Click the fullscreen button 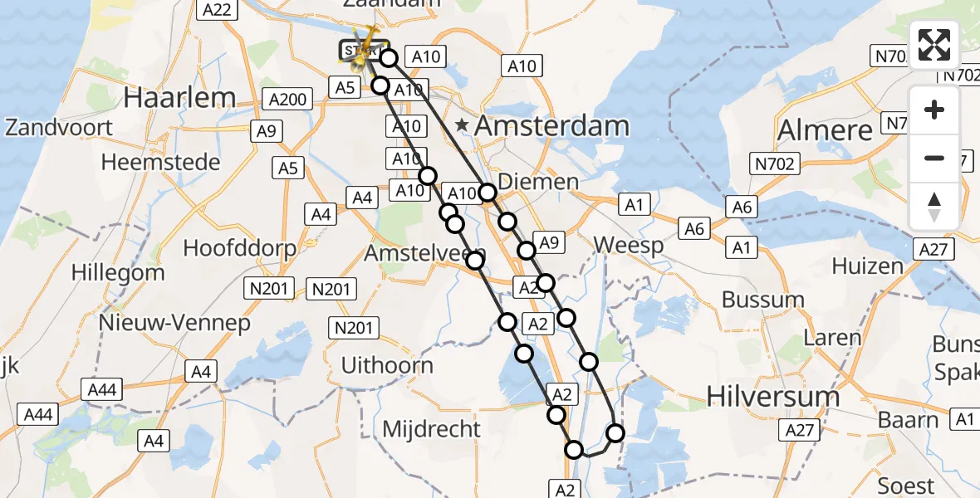(x=934, y=44)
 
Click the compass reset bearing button (x=934, y=207)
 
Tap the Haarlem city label (x=179, y=97)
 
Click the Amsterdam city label (x=552, y=127)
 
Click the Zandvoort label (x=59, y=128)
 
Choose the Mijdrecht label (x=432, y=428)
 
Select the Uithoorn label (x=387, y=365)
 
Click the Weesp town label (x=630, y=246)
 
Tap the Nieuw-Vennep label (x=174, y=322)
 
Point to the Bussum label (x=763, y=299)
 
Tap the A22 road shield (x=218, y=9)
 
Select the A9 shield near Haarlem (x=267, y=130)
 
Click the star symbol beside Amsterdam (x=463, y=127)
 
